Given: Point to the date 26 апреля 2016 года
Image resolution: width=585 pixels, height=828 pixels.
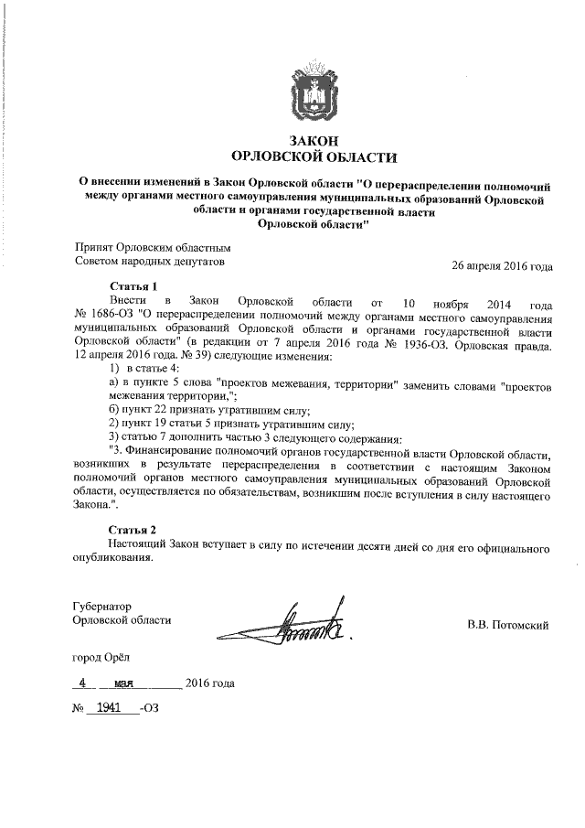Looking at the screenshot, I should tap(502, 266).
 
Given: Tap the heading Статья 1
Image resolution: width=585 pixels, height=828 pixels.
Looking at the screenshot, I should tap(133, 286).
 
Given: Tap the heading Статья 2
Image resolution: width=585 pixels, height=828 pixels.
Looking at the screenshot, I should tap(133, 530).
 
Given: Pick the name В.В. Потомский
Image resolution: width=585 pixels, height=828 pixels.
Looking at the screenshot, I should tap(507, 626).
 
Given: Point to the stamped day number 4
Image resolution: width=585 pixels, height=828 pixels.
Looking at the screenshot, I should tap(84, 683).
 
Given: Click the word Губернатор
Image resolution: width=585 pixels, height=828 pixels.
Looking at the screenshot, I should tap(102, 606).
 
